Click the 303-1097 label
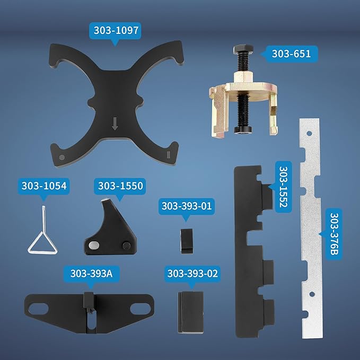pyautogui.click(x=116, y=31)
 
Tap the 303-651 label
pyautogui.click(x=291, y=54)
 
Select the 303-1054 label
pyautogui.click(x=44, y=186)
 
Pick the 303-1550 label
pyautogui.click(x=120, y=186)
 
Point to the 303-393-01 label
pyautogui.click(x=187, y=206)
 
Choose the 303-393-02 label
pyautogui.click(x=192, y=274)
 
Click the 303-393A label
pyautogui.click(x=91, y=274)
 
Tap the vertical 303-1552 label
pyautogui.click(x=283, y=187)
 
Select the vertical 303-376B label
pyautogui.click(x=334, y=234)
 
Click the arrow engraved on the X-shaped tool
pyautogui.click(x=115, y=124)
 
